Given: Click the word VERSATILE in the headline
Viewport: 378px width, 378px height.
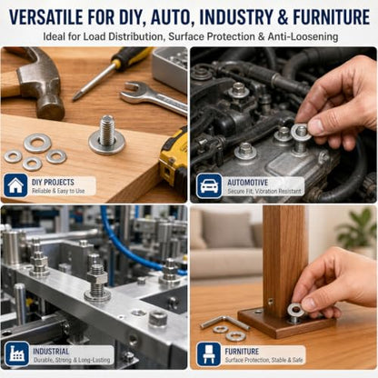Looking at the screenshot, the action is pyautogui.click(x=46, y=17).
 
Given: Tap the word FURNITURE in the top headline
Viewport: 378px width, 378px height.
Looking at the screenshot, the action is pyautogui.click(x=332, y=17).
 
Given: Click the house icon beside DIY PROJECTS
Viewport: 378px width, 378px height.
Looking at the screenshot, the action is pyautogui.click(x=15, y=185).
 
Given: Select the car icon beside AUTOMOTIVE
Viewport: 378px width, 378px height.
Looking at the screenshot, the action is pyautogui.click(x=209, y=186).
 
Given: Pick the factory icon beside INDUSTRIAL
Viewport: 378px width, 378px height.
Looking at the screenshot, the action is pyautogui.click(x=17, y=353).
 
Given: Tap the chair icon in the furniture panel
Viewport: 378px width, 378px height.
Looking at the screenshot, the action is pyautogui.click(x=209, y=354).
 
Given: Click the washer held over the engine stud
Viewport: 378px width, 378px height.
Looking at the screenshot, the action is pyautogui.click(x=301, y=132).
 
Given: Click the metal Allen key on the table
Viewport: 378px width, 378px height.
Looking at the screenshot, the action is pyautogui.click(x=224, y=323).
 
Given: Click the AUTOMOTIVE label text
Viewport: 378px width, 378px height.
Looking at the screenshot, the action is pyautogui.click(x=248, y=183).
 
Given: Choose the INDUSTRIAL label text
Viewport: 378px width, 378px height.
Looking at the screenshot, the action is pyautogui.click(x=51, y=352).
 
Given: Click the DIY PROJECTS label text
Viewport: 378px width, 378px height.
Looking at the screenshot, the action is pyautogui.click(x=53, y=182).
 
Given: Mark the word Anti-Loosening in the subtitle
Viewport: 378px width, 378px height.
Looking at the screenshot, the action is pyautogui.click(x=303, y=37).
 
